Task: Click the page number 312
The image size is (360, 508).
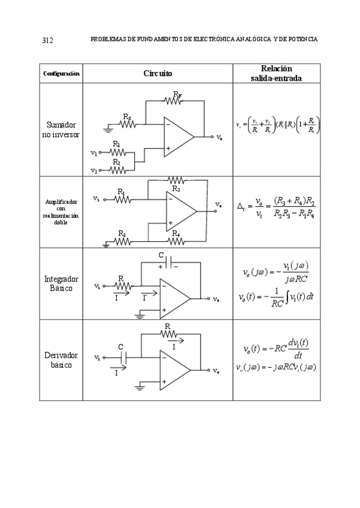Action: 48,40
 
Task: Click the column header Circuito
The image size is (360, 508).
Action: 158,73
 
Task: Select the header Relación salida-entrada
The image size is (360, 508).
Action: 276,73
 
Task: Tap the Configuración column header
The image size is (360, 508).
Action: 60,74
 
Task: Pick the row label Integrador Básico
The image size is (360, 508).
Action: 61,283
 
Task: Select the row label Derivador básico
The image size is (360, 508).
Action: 61,359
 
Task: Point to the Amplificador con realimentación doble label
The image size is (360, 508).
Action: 61,212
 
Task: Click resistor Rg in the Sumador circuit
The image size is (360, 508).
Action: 128,125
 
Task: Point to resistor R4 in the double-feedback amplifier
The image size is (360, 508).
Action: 176,241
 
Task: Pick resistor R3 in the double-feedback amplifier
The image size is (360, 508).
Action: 122,241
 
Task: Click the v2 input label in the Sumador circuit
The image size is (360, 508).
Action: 93,170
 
